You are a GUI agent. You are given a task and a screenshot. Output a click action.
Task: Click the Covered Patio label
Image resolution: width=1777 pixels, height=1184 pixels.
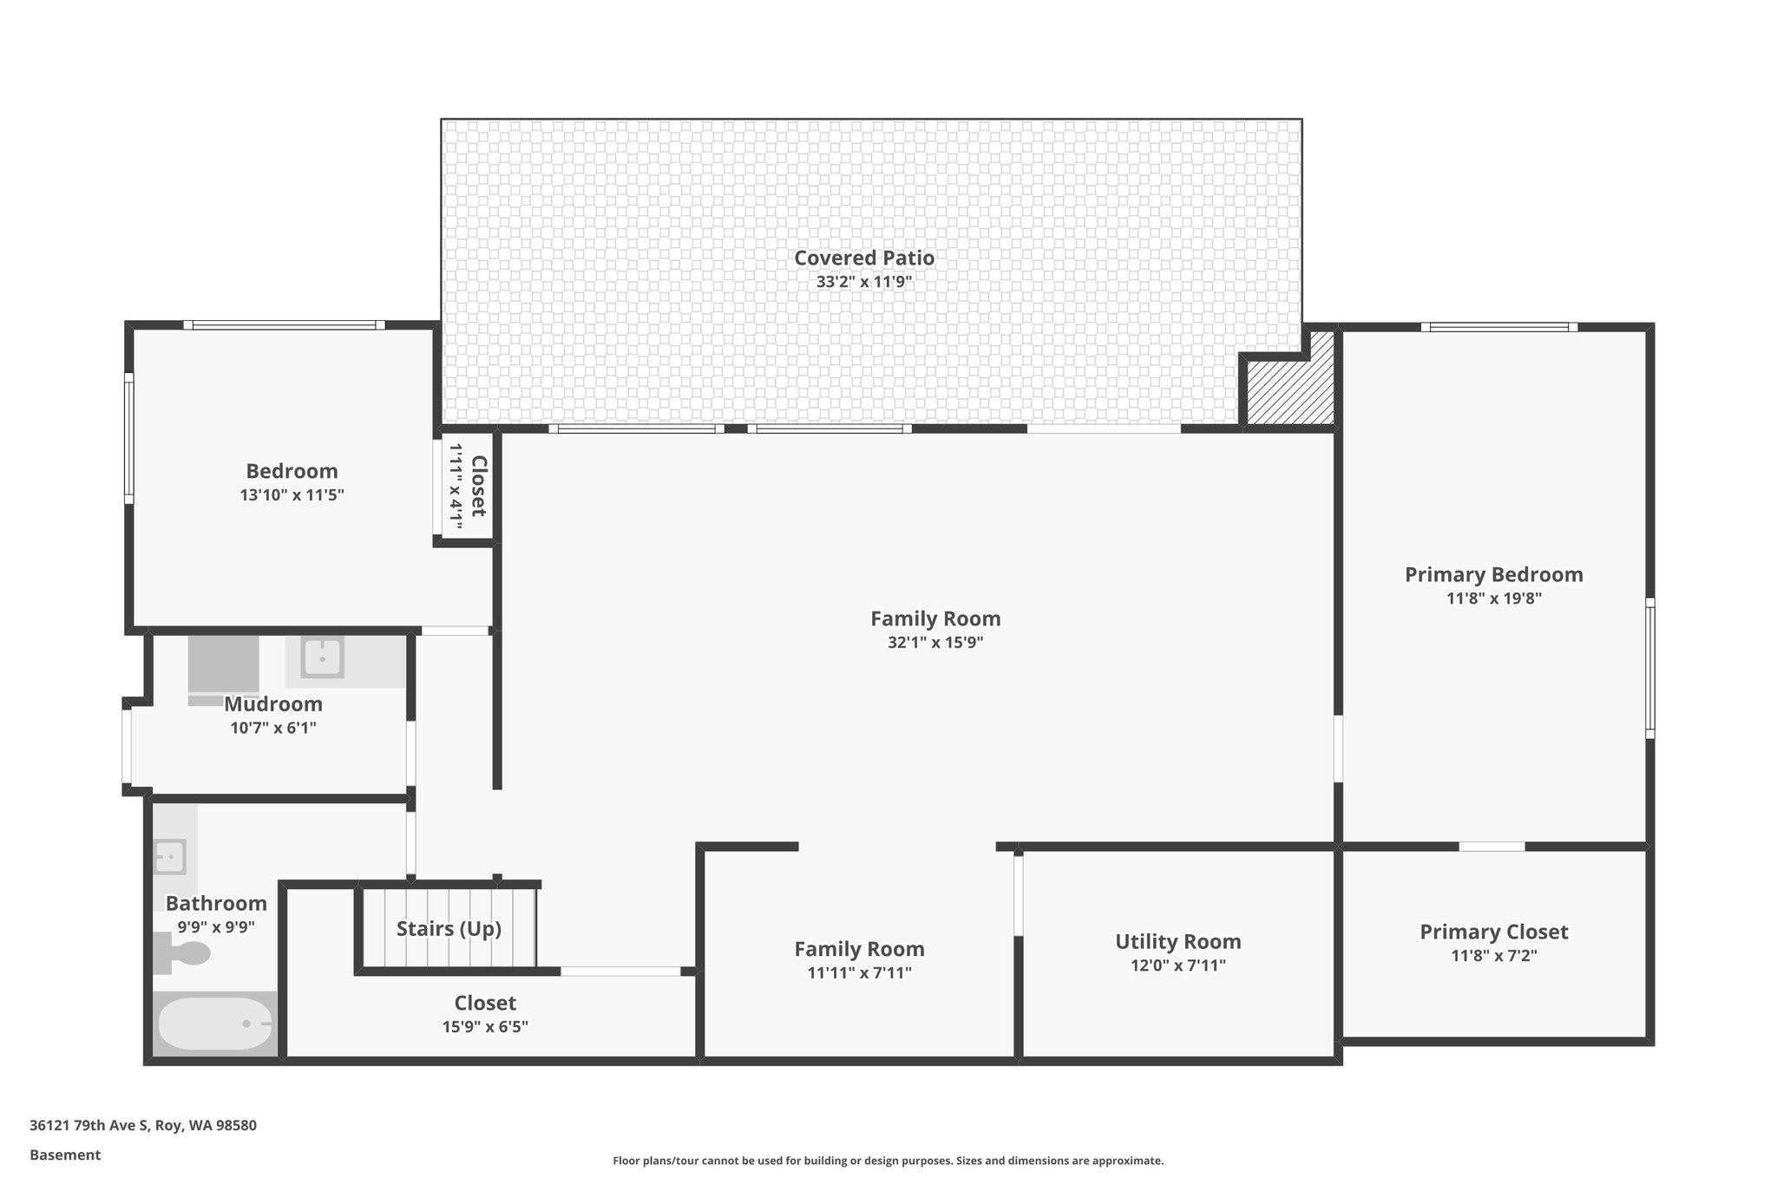pos(863,258)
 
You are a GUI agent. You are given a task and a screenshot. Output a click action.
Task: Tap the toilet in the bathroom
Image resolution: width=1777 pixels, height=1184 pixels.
pos(184,953)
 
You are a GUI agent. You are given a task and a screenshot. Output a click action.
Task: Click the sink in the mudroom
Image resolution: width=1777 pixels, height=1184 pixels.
pos(322,657)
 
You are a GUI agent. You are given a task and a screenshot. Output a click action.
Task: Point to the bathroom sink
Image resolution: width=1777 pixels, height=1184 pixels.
pos(169,857)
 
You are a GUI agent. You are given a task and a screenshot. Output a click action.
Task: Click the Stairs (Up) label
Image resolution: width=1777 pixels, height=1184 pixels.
pos(449,929)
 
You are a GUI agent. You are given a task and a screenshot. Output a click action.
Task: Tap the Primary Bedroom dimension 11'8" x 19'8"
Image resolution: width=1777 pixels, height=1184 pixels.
pos(1493,598)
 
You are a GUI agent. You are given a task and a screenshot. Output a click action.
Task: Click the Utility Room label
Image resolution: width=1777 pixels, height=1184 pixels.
pos(1177,941)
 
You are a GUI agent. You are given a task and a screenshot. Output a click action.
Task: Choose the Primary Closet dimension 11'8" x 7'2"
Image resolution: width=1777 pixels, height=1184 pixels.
pos(1493,956)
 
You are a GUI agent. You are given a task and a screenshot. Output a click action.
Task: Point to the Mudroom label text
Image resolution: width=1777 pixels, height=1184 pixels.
pos(273,704)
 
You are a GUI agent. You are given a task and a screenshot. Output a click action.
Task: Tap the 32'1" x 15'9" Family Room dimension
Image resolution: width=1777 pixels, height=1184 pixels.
pos(934,643)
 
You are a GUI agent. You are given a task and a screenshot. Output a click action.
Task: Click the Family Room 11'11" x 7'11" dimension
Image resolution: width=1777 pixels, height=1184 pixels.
pos(859,972)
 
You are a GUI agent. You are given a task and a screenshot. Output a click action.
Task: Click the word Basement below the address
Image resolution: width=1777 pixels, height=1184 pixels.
pos(65,1155)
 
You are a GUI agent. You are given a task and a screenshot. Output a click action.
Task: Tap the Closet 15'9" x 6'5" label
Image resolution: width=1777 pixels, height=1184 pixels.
pos(485,1004)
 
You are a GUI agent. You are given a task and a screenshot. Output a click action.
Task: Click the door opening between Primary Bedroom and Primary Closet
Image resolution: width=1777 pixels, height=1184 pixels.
pos(1491,846)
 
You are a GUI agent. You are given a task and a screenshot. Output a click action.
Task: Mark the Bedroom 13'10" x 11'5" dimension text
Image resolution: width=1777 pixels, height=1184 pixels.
pos(292,495)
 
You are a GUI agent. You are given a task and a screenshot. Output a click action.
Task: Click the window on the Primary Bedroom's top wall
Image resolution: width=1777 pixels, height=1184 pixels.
pos(1498,327)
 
